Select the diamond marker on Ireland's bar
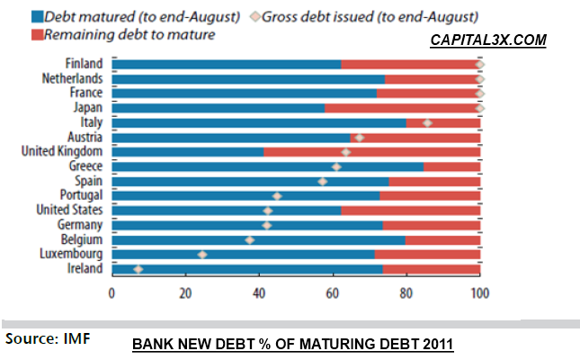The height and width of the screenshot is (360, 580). [x=138, y=269]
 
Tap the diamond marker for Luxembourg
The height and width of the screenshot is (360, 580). [x=202, y=255]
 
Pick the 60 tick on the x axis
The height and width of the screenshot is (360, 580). [x=333, y=292]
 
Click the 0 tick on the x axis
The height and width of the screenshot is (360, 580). [x=112, y=292]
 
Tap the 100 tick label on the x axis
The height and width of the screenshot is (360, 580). [x=480, y=292]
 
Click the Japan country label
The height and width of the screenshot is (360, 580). [x=88, y=108]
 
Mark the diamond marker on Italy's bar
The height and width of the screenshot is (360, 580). [x=427, y=122]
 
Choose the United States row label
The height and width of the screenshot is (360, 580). [x=69, y=211]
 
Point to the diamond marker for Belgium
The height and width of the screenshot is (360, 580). [x=250, y=240]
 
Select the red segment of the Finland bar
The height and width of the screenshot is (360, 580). [x=409, y=64]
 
